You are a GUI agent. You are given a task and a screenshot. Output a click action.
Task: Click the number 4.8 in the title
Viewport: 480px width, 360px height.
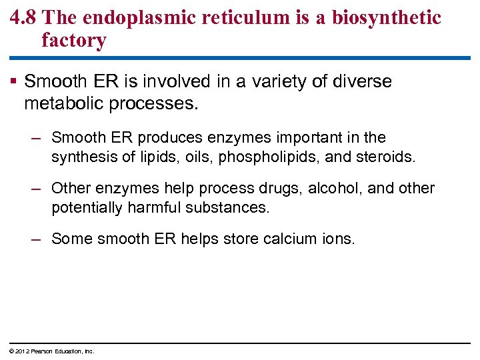coord(24,18)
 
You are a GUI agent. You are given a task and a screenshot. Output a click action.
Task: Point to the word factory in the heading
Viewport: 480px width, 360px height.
coord(73,41)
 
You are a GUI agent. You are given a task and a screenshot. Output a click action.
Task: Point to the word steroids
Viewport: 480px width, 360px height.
coord(388,157)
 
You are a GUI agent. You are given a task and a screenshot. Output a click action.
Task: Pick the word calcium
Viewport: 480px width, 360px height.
coord(282,239)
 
